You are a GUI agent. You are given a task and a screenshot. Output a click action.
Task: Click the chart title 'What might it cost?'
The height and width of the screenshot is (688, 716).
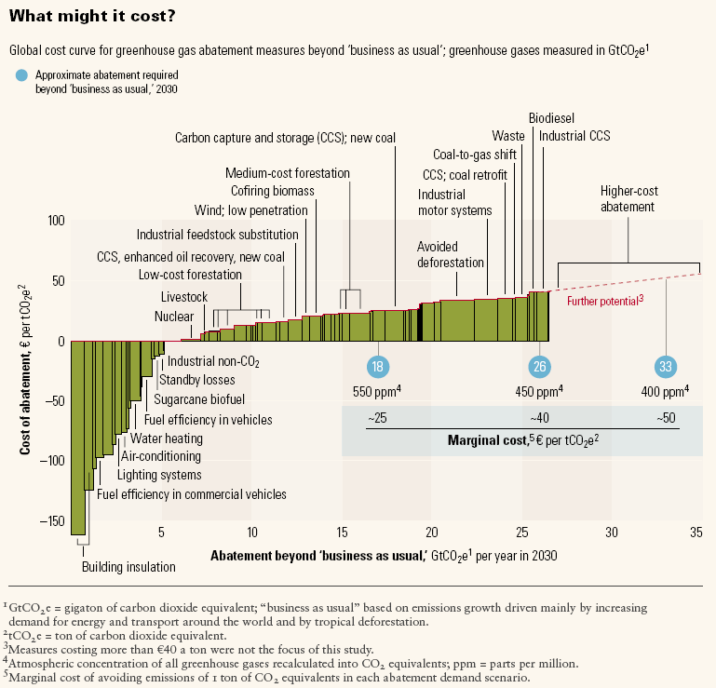click(74, 17)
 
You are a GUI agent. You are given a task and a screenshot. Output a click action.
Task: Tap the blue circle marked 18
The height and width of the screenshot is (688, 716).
click(377, 366)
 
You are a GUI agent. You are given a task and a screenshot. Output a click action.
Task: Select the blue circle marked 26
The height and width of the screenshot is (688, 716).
click(539, 366)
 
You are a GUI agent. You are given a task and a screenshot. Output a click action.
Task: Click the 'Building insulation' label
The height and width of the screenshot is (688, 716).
click(128, 566)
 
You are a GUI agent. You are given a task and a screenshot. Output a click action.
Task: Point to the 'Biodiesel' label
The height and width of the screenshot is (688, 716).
click(551, 118)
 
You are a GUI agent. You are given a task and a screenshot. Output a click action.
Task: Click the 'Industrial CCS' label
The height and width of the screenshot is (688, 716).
click(574, 136)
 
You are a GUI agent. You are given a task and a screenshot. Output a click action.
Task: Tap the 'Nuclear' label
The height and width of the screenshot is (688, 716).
click(174, 317)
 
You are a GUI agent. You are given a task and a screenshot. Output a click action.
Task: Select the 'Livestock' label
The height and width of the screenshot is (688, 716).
click(184, 296)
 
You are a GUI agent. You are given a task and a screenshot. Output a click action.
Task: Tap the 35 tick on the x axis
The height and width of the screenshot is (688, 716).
click(696, 533)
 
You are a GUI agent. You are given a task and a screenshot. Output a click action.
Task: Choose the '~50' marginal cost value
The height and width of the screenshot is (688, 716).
click(666, 418)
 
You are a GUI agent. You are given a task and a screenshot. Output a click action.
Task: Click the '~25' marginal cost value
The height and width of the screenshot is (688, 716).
click(377, 418)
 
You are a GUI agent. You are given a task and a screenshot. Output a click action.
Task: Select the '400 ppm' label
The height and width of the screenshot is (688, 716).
click(665, 391)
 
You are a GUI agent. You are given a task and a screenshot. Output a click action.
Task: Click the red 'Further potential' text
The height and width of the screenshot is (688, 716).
click(605, 302)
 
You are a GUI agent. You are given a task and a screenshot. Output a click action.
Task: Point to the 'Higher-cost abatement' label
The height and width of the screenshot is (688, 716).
click(628, 197)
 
